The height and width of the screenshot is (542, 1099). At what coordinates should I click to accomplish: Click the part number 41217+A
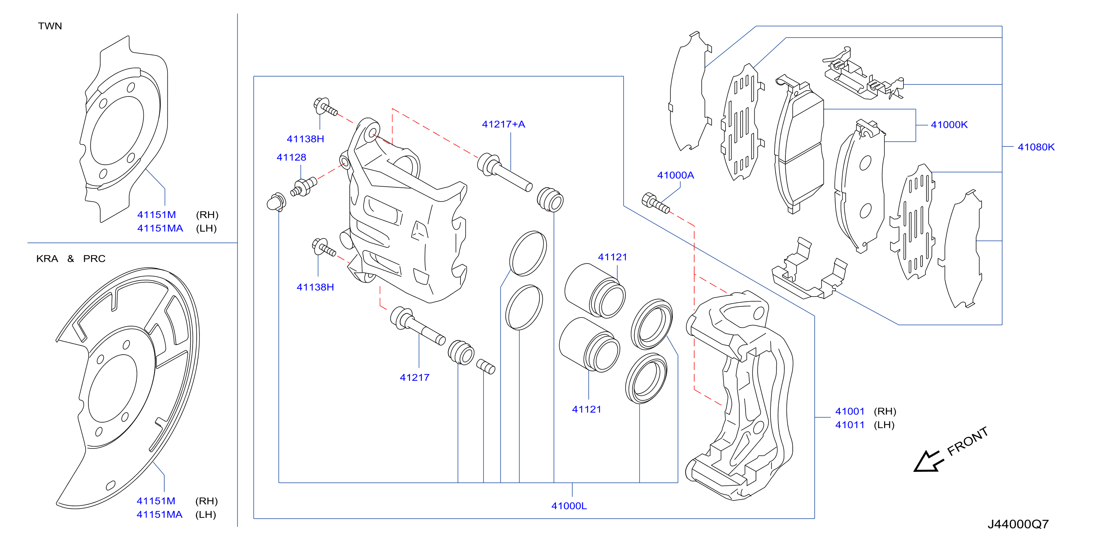[503, 124]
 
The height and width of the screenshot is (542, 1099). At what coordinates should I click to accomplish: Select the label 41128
[291, 157]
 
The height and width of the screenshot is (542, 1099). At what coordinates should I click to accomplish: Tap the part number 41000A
[675, 175]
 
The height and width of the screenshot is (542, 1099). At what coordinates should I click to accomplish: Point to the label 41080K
[1036, 147]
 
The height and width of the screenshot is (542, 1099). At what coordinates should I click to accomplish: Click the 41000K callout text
[949, 125]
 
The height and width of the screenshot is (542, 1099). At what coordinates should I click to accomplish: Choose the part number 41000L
[569, 506]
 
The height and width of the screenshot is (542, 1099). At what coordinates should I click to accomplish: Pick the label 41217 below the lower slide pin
[414, 377]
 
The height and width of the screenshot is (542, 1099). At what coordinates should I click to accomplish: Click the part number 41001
[849, 411]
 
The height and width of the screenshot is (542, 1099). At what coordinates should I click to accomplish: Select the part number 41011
[849, 425]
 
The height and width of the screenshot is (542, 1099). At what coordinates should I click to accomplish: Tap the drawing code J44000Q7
[1018, 524]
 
